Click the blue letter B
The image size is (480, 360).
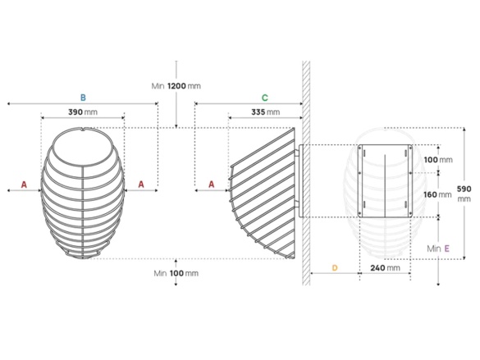(82, 96)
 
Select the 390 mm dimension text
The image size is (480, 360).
(82, 112)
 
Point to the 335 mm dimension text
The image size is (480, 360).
(264, 112)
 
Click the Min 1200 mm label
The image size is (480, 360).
(176, 86)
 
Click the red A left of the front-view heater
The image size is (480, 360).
(24, 185)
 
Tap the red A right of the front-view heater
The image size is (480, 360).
(141, 185)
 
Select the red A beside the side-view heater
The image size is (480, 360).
(212, 185)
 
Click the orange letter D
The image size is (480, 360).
(334, 268)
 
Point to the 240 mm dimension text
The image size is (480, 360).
(385, 268)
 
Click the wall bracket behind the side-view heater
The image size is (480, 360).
(300, 180)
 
